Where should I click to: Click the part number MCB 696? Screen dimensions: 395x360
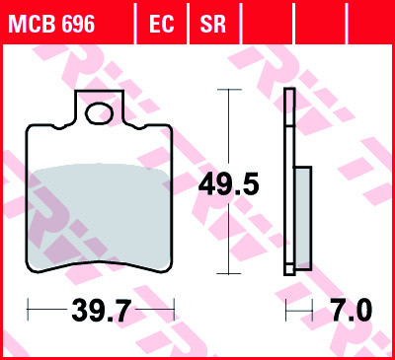tap(51, 24)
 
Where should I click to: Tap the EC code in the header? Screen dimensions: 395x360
tap(161, 24)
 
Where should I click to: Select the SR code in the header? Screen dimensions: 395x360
tap(212, 24)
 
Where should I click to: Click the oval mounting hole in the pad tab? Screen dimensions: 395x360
tap(99, 113)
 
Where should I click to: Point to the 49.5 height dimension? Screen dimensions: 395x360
tap(228, 184)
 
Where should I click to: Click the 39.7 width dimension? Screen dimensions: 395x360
tap(102, 311)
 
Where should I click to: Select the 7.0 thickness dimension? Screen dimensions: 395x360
tap(352, 311)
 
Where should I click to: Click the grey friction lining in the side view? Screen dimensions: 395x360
tap(303, 218)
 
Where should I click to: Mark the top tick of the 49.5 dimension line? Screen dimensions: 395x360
tap(229, 89)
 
